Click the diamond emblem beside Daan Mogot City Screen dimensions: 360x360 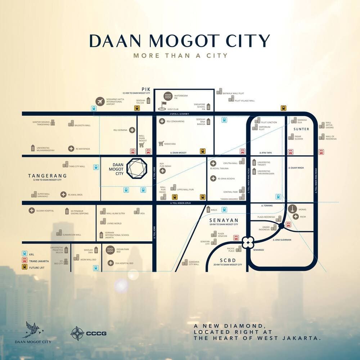pyautogui.click(x=137, y=168)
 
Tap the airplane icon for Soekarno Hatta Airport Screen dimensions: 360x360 pyautogui.click(x=100, y=101)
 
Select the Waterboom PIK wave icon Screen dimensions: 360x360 pyautogui.click(x=168, y=96)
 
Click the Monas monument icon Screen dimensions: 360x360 pyautogui.click(x=293, y=208)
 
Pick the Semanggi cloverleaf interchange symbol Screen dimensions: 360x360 pyautogui.click(x=248, y=242)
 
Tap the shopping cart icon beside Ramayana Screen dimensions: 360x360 pyautogui.click(x=161, y=143)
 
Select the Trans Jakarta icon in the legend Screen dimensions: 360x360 pyautogui.click(x=24, y=260)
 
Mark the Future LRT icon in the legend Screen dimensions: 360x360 pyautogui.click(x=24, y=267)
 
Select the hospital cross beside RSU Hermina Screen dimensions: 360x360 pyautogui.click(x=132, y=130)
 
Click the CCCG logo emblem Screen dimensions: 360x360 pyautogui.click(x=77, y=333)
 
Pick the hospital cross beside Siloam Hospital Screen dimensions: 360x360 pyautogui.click(x=32, y=211)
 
